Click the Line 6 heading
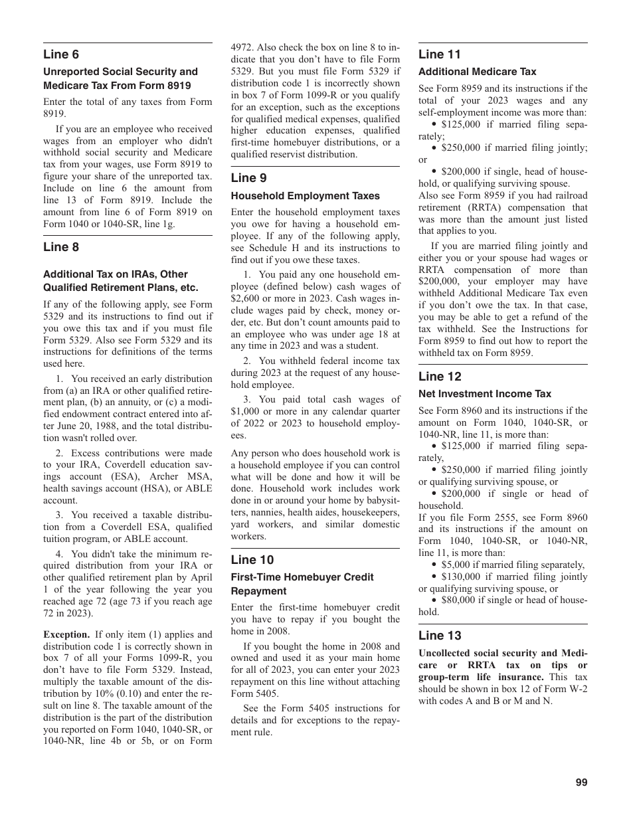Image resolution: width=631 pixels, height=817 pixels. click(x=61, y=54)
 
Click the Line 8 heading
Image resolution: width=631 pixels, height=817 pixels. click(x=61, y=247)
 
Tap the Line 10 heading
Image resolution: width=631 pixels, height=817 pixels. click(x=252, y=560)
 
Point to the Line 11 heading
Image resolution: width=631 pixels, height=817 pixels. click(x=439, y=54)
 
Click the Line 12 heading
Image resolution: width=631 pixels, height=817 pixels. click(x=439, y=377)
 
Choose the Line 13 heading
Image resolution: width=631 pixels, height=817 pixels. click(x=439, y=636)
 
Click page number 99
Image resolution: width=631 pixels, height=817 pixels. click(x=581, y=782)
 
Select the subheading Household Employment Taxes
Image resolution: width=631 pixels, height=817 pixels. click(x=305, y=196)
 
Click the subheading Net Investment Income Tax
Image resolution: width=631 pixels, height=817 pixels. click(x=484, y=394)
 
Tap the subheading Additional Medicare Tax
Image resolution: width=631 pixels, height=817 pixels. click(x=477, y=72)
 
